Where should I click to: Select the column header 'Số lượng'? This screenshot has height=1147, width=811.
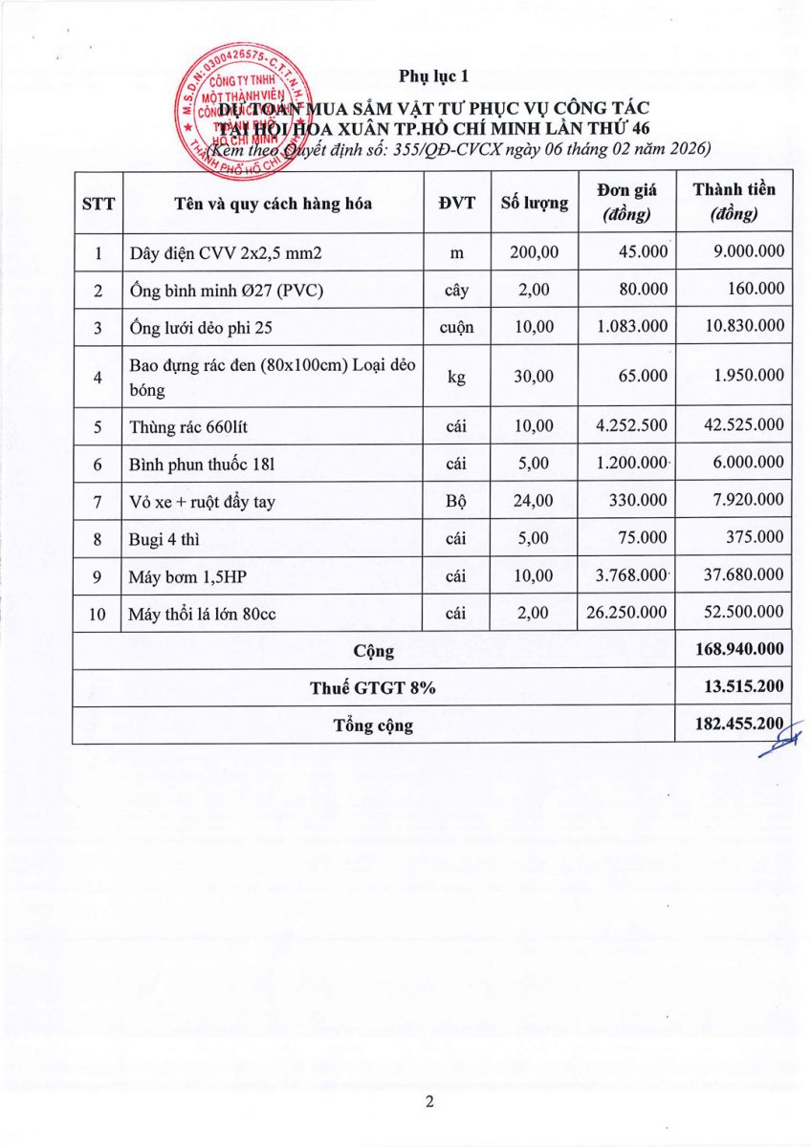click(534, 203)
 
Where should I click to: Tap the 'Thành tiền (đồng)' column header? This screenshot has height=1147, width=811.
click(734, 202)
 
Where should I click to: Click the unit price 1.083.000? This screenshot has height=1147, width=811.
click(631, 327)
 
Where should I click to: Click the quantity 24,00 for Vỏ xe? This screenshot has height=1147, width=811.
click(534, 501)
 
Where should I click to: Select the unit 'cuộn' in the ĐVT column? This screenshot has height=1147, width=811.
click(458, 327)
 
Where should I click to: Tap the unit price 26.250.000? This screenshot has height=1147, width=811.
click(626, 614)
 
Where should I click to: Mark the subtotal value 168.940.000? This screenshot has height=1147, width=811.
click(741, 651)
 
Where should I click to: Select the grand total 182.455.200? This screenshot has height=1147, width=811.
click(741, 725)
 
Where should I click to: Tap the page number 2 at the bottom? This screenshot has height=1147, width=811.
click(429, 1102)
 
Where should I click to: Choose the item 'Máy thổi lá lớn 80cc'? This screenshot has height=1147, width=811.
click(203, 614)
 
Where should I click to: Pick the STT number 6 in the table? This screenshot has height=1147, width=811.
click(98, 464)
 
